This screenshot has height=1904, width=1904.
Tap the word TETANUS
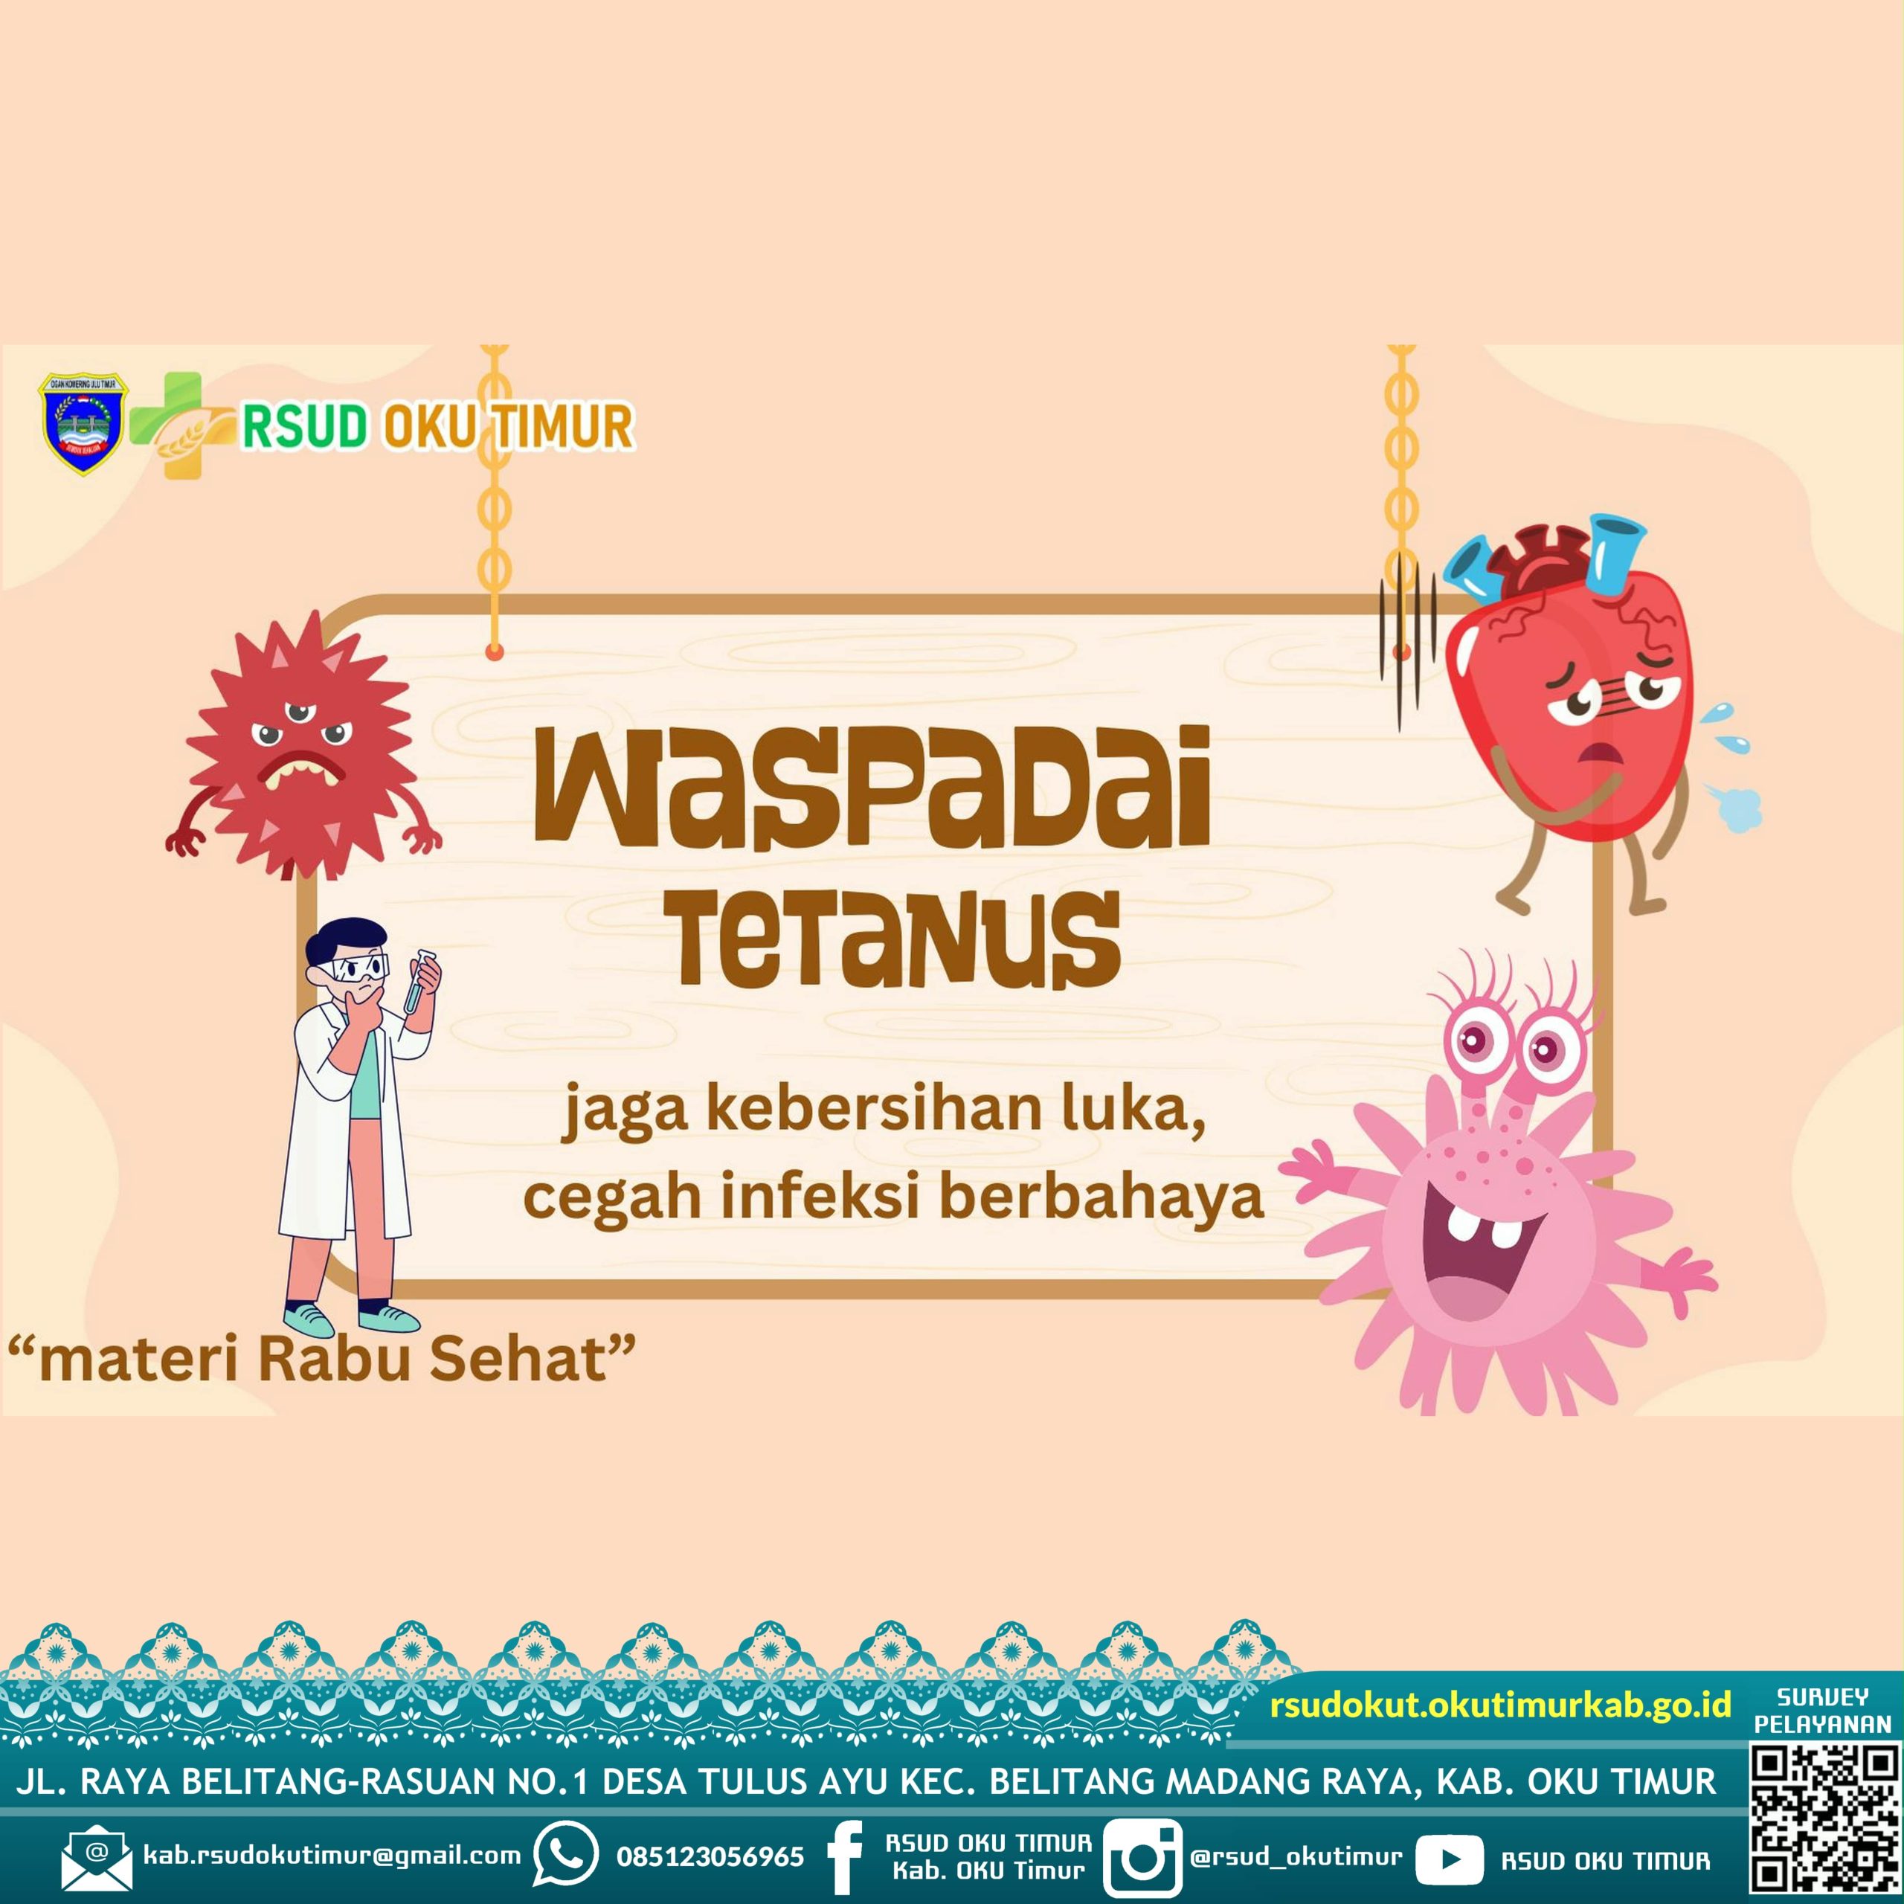click(x=898, y=939)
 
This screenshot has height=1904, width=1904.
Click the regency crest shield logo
click(x=82, y=424)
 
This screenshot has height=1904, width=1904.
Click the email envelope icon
click(x=96, y=1859)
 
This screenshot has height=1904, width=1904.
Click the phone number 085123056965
click(x=710, y=1856)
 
